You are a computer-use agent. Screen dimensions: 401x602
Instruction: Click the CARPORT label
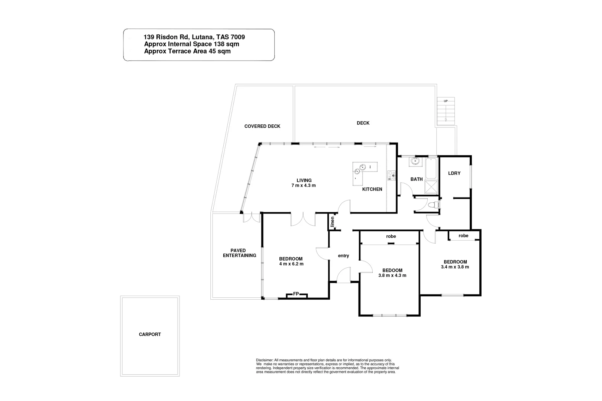150,334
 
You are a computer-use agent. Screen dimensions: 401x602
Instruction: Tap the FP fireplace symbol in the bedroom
296,294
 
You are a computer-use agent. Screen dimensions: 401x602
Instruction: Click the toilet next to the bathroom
433,205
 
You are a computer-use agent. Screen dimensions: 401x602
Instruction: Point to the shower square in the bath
431,188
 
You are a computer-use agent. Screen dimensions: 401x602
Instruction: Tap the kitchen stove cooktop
391,175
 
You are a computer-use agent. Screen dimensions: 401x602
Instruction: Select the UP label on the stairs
446,101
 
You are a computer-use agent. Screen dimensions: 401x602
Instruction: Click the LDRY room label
454,173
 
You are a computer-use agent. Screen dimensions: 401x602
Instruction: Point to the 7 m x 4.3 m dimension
304,185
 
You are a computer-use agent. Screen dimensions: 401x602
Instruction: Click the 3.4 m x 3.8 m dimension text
455,267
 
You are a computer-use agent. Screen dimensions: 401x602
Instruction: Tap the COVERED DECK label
262,126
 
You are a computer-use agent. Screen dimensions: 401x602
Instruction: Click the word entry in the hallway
343,255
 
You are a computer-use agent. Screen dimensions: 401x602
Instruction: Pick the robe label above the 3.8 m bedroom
391,236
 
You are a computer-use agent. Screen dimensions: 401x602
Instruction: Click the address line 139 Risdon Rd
194,37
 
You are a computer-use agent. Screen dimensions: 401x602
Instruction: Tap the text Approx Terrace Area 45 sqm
187,51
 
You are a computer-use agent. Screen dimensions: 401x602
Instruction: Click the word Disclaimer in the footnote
264,360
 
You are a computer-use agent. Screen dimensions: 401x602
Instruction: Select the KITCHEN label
372,189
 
